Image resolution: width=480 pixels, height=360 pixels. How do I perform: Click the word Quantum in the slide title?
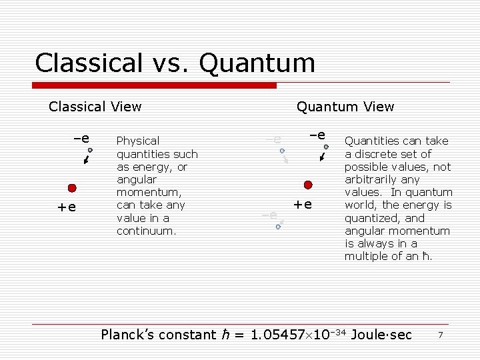pos(257,63)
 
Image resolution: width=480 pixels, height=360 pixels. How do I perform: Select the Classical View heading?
pos(95,106)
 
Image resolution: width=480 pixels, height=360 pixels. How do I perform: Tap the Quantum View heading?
pos(345,107)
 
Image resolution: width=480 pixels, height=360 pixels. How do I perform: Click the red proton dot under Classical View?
pos(72,189)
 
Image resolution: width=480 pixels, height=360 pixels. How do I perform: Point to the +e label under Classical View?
pos(67,207)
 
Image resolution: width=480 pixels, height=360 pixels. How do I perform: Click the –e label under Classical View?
pos(81,139)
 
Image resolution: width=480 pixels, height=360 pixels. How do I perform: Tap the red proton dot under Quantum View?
pos(308,185)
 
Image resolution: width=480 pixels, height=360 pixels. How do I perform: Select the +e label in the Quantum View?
pos(303,203)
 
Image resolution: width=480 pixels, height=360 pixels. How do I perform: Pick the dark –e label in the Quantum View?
pos(317,135)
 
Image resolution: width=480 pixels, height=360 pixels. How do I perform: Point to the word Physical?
pos(138,141)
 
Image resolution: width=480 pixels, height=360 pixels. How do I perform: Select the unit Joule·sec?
pos(381,335)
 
